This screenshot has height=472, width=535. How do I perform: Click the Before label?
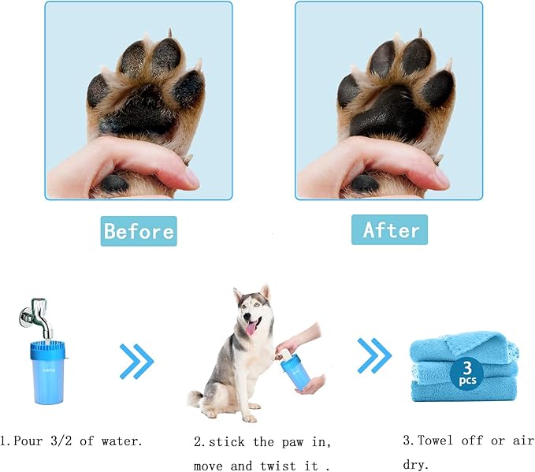(x=139, y=232)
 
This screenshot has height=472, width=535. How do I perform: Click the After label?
(x=390, y=230)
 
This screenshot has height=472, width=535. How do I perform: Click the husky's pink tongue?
(x=251, y=326)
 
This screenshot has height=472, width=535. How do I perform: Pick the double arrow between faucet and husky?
(x=136, y=361)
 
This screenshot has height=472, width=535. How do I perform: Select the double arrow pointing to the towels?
(x=373, y=356)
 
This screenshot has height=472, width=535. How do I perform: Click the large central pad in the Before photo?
(x=141, y=114)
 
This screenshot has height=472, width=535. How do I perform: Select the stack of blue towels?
(x=464, y=369)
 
